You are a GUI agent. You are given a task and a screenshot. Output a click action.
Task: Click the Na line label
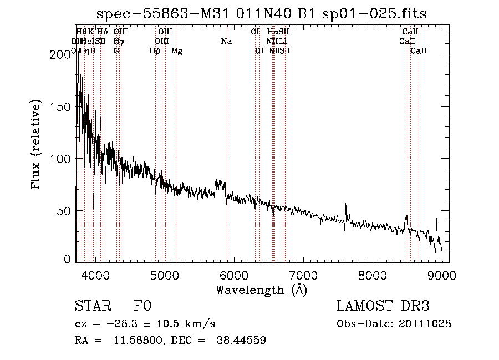tap(226, 41)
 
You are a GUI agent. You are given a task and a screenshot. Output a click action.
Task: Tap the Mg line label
tap(177, 51)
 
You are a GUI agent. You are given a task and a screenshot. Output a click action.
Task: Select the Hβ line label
tap(155, 51)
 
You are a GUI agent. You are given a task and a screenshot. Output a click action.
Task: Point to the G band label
tap(116, 51)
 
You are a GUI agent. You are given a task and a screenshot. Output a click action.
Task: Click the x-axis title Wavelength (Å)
tap(261, 290)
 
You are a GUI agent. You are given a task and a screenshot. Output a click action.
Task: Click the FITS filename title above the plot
tap(261, 13)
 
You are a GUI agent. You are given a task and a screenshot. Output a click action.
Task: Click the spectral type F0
tap(142, 306)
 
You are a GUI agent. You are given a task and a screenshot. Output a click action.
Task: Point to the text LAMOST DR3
tap(383, 306)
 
